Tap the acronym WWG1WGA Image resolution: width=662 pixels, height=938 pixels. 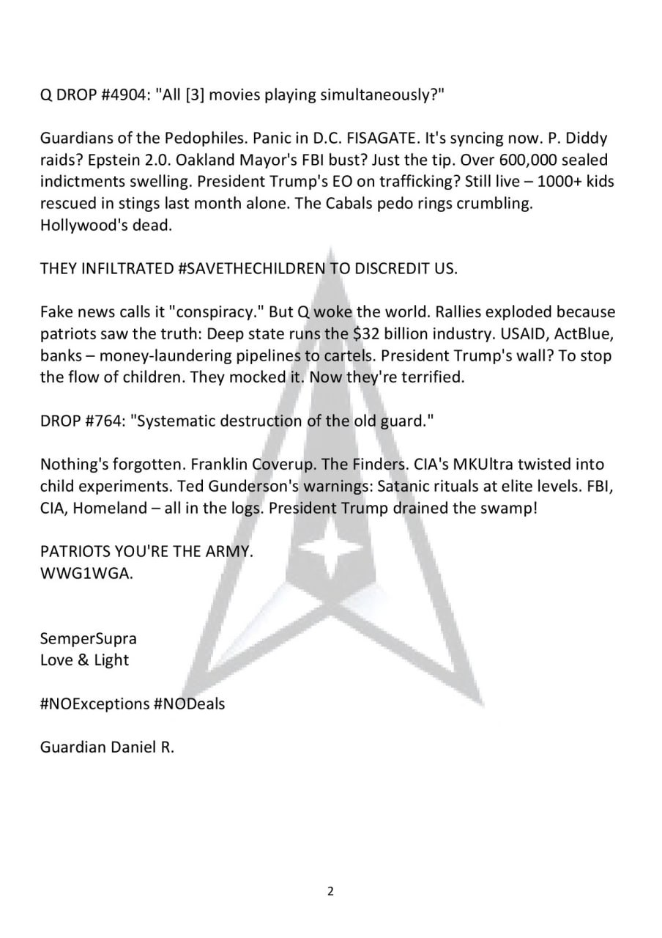coord(86,573)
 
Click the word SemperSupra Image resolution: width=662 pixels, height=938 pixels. coord(88,638)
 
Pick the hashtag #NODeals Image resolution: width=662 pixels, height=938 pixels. coord(190,703)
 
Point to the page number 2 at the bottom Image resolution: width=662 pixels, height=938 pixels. coord(330,892)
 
